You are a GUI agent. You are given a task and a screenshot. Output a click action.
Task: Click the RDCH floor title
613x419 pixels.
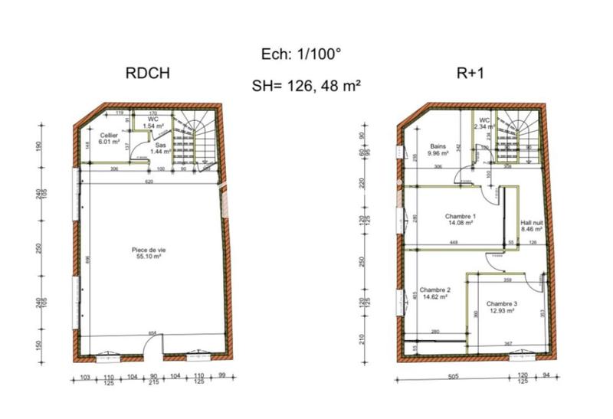146,74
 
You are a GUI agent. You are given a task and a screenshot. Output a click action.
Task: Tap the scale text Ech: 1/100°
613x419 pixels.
300,54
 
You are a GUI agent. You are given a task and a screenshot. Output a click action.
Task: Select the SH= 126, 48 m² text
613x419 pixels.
306,86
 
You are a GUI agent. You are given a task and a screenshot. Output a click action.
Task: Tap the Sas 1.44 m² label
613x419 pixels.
159,148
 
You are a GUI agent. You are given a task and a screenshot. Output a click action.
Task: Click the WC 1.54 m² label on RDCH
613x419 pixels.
153,123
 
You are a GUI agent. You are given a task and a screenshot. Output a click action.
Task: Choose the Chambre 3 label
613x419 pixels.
500,306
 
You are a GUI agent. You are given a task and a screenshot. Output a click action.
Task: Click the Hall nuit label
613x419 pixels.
532,224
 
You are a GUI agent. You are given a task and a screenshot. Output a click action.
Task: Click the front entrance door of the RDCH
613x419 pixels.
152,355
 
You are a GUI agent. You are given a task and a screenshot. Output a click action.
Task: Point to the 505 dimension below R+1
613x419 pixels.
452,377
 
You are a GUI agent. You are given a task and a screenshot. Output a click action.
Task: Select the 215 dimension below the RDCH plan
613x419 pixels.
152,383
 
